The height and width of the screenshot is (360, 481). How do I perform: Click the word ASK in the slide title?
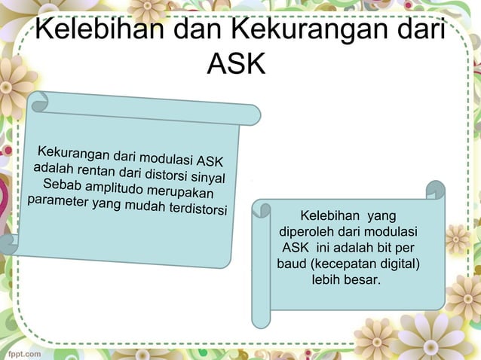coord(236,64)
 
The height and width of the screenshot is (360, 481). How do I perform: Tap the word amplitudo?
coord(115,189)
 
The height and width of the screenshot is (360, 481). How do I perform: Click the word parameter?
coord(56,201)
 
